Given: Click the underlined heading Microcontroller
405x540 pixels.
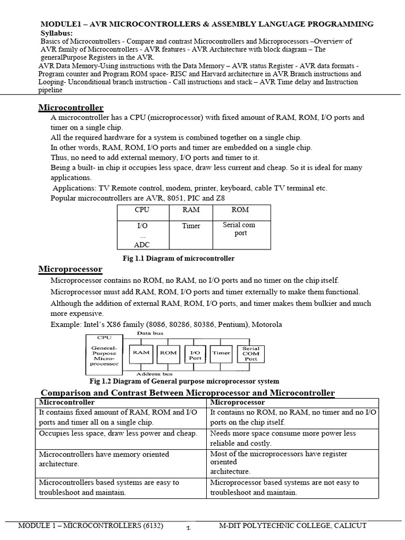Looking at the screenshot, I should tap(71, 108).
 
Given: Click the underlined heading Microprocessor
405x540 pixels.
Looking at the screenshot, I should tap(70, 269).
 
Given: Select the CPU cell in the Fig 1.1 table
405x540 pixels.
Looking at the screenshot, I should tap(142, 210).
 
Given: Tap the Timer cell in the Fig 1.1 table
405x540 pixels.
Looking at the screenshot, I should tap(191, 226).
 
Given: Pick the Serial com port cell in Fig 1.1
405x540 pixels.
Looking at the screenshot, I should tap(240, 229).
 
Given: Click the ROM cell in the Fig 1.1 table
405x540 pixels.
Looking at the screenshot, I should tap(240, 210).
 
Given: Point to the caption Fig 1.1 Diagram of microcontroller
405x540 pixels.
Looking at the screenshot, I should tap(178, 258).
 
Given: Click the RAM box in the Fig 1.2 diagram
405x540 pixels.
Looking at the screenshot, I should tap(141, 353).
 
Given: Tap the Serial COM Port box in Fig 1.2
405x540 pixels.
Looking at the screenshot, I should tap(250, 353).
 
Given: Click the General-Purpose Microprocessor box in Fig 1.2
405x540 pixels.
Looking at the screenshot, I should tap(104, 355).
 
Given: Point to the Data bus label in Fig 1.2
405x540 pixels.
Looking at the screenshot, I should tap(150, 334).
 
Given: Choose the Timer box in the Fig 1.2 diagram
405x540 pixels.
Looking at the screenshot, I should tap(221, 353).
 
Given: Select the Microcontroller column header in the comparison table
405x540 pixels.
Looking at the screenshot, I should tap(66, 402).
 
